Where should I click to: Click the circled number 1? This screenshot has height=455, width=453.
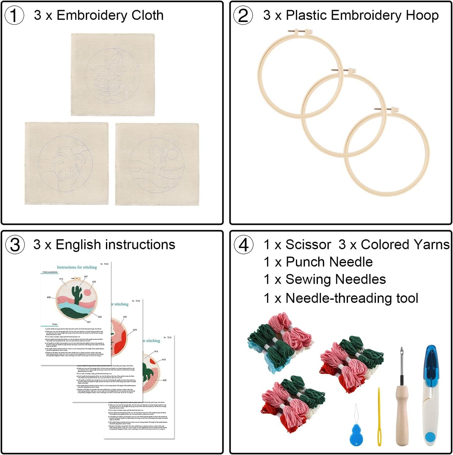14,16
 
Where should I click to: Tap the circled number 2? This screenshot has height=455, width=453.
243,16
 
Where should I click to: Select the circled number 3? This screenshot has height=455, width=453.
15,245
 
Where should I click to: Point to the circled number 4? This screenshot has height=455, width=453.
244,245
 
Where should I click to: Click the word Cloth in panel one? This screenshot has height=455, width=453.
147,15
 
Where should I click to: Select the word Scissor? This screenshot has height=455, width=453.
308,245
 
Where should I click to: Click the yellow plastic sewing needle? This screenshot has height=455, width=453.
379,417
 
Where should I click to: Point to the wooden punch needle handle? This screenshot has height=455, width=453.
402,414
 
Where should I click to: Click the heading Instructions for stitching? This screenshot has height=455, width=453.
77,267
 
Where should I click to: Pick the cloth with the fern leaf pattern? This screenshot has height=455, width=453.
113,75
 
